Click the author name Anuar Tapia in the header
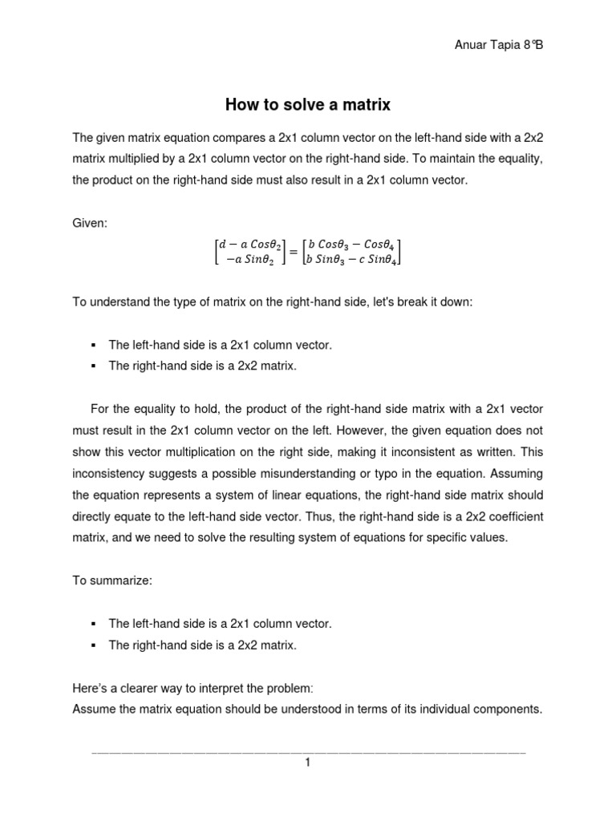tap(484, 45)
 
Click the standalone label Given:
tap(89, 223)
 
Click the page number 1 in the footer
tap(307, 763)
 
